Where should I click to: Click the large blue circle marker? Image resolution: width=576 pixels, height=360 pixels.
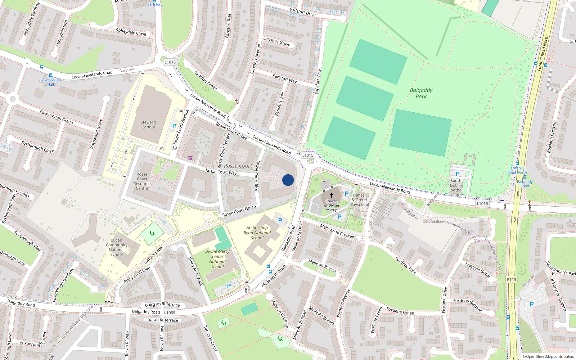click(x=288, y=180)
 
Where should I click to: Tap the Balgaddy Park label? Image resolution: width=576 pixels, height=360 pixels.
click(x=421, y=93)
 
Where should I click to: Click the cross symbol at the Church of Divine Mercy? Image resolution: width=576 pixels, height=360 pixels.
click(x=332, y=195)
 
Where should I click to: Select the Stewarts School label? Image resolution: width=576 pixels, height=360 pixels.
click(x=149, y=125)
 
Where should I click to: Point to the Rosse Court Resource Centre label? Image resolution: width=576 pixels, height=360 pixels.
click(x=142, y=181)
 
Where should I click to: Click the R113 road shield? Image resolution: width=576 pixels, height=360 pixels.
click(x=511, y=279)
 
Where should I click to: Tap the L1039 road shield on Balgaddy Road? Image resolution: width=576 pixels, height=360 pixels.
click(x=170, y=313)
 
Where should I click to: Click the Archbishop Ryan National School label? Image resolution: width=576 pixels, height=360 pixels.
click(x=257, y=233)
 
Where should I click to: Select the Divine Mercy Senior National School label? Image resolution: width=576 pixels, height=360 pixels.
click(x=217, y=259)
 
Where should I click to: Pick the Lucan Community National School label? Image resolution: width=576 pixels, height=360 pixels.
click(x=117, y=247)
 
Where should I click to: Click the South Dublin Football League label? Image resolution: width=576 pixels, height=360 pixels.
click(x=456, y=188)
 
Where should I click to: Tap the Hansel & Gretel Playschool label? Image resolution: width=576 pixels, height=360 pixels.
click(x=359, y=200)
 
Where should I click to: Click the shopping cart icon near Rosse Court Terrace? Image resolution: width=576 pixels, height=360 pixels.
click(x=190, y=158)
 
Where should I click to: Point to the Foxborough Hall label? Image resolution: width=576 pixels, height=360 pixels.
click(x=50, y=82)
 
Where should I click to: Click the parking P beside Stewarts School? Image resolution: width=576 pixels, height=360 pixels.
click(x=174, y=126)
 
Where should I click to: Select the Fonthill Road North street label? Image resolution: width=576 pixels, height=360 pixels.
click(x=543, y=53)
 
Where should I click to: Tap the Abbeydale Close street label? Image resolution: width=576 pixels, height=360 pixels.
click(x=131, y=32)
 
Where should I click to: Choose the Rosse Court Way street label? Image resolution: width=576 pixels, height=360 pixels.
click(x=221, y=172)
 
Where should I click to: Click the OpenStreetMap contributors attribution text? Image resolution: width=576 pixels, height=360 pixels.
click(x=548, y=356)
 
